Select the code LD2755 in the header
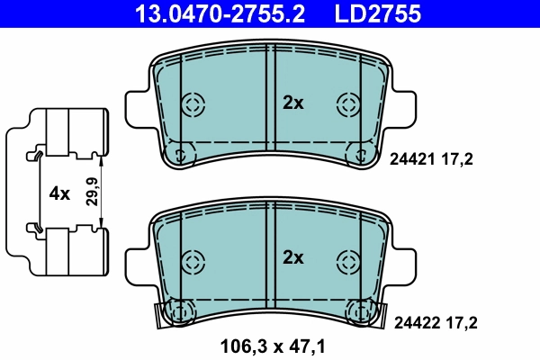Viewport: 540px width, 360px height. [x=378, y=13]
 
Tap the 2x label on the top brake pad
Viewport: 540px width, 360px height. [x=293, y=103]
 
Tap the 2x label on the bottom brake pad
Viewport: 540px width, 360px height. [x=293, y=257]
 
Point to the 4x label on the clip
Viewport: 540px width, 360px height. [x=59, y=193]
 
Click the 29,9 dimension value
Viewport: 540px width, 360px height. [x=91, y=193]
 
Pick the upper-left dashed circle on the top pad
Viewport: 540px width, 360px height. [x=193, y=103]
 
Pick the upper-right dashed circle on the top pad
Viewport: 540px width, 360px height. [x=347, y=103]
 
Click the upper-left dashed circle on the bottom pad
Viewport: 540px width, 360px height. [x=193, y=261]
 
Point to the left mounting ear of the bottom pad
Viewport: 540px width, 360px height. [x=135, y=261]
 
